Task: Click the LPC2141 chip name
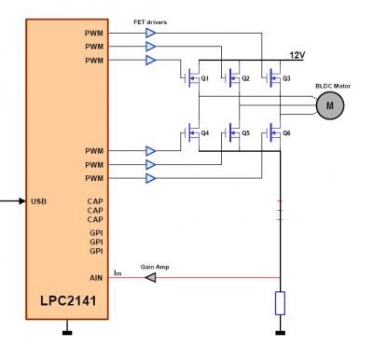pyautogui.click(x=68, y=300)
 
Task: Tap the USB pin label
pyautogui.click(x=39, y=201)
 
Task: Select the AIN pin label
pyautogui.click(x=96, y=278)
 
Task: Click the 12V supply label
pyautogui.click(x=297, y=55)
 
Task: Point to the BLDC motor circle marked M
pyautogui.click(x=330, y=105)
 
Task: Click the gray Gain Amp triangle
pyautogui.click(x=151, y=278)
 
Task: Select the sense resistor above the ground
pyautogui.click(x=280, y=303)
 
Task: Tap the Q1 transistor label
pyautogui.click(x=205, y=78)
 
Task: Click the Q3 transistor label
pyautogui.click(x=286, y=78)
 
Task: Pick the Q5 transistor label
pyautogui.click(x=245, y=133)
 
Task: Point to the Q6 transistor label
pyautogui.click(x=286, y=133)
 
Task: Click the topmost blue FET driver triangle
pyautogui.click(x=151, y=33)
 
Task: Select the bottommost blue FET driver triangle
pyautogui.click(x=151, y=178)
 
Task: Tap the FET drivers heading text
pyautogui.click(x=150, y=22)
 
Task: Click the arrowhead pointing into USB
pyautogui.click(x=22, y=201)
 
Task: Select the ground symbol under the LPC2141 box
pyautogui.click(x=67, y=333)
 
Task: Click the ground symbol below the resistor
pyautogui.click(x=281, y=333)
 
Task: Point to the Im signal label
pyautogui.click(x=117, y=273)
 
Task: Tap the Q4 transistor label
pyautogui.click(x=205, y=133)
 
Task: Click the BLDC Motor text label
pyautogui.click(x=333, y=86)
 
